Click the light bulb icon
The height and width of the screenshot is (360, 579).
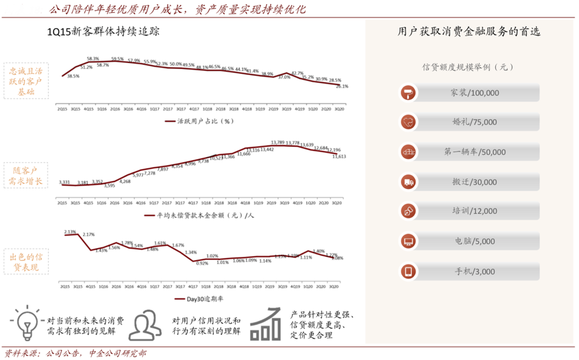(27, 322)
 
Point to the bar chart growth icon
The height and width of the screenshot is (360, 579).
(265, 324)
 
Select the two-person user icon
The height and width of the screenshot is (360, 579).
(144, 324)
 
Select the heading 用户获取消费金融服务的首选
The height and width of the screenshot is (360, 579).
(469, 31)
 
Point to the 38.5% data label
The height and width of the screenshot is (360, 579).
(74, 76)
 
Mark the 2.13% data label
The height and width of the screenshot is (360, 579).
(70, 231)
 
